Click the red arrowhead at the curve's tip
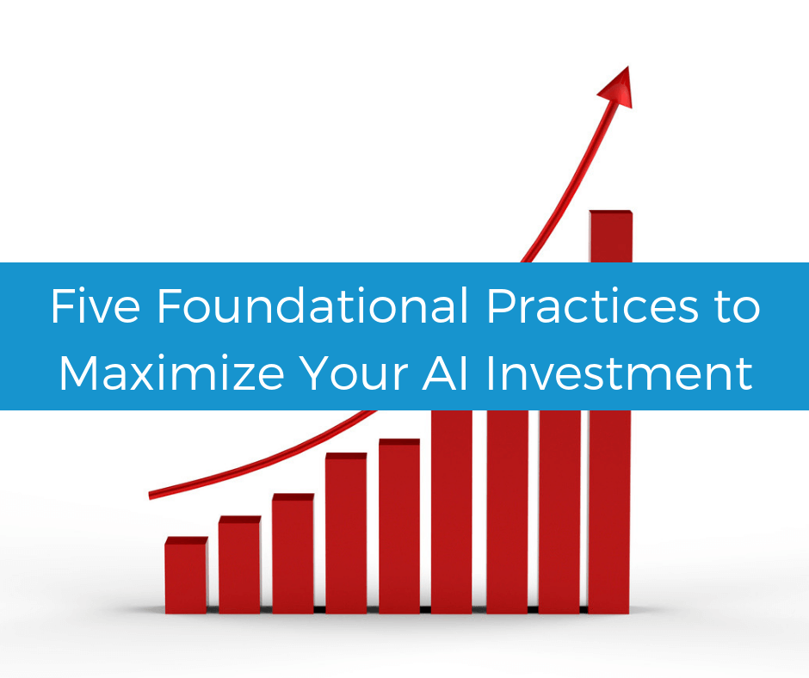(617, 88)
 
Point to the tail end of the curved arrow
(152, 495)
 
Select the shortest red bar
(186, 576)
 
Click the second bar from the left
(239, 566)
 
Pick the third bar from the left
(293, 555)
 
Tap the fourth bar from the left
(346, 533)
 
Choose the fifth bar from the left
(399, 527)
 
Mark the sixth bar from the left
(452, 511)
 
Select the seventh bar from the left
(506, 511)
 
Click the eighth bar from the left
(559, 511)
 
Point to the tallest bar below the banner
(610, 511)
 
